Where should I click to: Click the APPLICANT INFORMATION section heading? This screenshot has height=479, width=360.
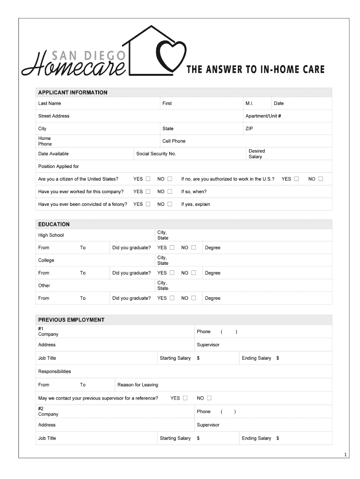click(72, 93)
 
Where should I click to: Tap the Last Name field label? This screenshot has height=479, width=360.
click(50, 103)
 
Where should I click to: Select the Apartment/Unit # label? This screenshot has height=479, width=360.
click(263, 116)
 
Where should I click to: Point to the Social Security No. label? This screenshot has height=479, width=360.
click(156, 154)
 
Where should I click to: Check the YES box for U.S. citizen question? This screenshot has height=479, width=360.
click(148, 179)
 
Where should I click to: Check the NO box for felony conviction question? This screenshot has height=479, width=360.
click(170, 204)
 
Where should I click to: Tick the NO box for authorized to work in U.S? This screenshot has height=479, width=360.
click(320, 179)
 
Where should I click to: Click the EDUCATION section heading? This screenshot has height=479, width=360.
click(54, 225)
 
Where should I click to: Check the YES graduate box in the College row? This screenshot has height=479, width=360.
click(172, 273)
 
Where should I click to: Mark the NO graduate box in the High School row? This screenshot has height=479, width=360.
click(194, 247)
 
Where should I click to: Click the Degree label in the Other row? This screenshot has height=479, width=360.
click(212, 298)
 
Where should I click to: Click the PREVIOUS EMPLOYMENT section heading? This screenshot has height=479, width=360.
click(71, 320)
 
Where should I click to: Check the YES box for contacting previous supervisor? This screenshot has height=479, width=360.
click(185, 398)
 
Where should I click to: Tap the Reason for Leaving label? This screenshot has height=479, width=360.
click(137, 385)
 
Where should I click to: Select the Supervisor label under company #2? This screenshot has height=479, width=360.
click(208, 425)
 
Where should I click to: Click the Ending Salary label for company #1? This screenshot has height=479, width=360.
click(256, 358)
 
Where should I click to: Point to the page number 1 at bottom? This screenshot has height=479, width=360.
click(345, 455)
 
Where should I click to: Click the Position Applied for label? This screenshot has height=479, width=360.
click(58, 167)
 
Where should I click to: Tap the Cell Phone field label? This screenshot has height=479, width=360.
click(173, 141)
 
